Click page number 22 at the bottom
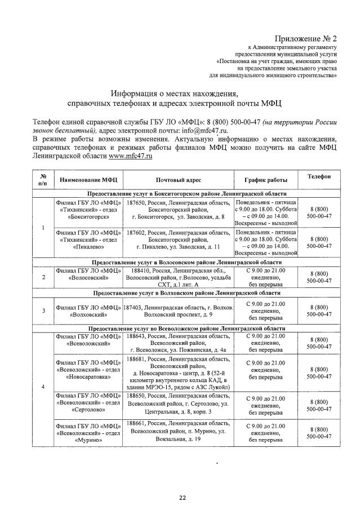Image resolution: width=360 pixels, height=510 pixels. (x=182, y=498)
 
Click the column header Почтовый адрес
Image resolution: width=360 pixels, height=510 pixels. (x=179, y=180)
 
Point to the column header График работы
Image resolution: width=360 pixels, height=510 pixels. (x=265, y=180)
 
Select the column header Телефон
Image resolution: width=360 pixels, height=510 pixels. (x=319, y=177)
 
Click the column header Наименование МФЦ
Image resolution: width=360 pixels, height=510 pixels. (x=88, y=180)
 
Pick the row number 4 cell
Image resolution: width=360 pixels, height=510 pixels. (x=43, y=387)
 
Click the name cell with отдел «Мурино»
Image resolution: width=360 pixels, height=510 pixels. (x=88, y=433)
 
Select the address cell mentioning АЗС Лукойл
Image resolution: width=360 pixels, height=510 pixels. (x=179, y=372)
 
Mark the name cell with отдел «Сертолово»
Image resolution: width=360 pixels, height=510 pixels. (x=88, y=403)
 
